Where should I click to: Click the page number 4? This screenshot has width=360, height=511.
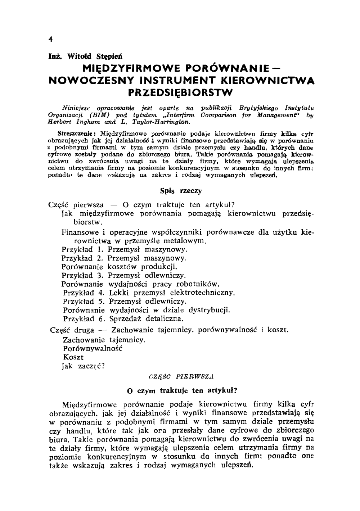pyautogui.click(x=51, y=39)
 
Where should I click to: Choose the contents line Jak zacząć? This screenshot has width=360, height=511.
pyautogui.click(x=83, y=366)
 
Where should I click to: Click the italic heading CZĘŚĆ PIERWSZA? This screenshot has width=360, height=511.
pyautogui.click(x=181, y=377)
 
